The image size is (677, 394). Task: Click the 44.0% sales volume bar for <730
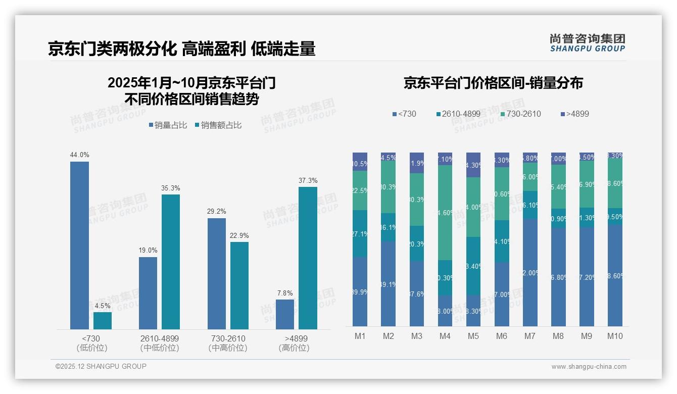(x=79, y=245)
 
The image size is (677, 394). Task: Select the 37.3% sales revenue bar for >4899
(x=308, y=258)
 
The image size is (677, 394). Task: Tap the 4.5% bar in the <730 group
(x=103, y=321)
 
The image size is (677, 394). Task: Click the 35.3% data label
(x=171, y=188)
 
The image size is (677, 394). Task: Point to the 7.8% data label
(x=285, y=293)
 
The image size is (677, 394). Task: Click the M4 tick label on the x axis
(x=445, y=336)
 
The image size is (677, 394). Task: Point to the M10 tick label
(x=615, y=336)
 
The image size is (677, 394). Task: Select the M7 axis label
(x=530, y=336)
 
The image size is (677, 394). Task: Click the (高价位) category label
(x=294, y=348)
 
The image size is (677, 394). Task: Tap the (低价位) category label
(x=91, y=348)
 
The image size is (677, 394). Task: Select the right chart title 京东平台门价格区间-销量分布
(x=493, y=83)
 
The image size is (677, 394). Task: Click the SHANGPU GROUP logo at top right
(x=587, y=42)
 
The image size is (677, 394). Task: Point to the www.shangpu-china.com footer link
(x=589, y=367)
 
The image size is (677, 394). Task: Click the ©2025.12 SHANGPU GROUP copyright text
(x=101, y=366)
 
